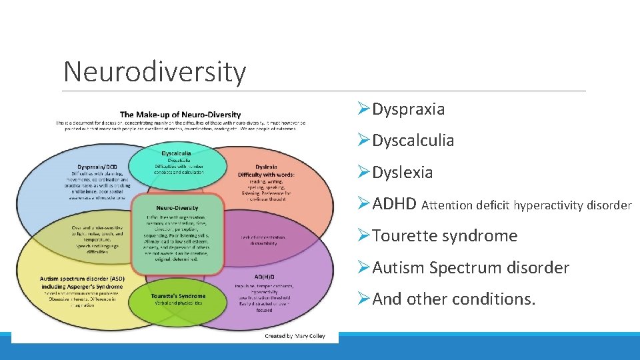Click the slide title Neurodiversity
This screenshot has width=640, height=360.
click(154, 71)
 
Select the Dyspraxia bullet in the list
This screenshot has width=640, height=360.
click(408, 109)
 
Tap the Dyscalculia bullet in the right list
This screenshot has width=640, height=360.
click(413, 141)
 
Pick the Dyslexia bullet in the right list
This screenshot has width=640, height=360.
click(402, 173)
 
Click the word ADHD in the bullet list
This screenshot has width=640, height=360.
click(395, 204)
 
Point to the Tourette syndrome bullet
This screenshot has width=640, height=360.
click(445, 236)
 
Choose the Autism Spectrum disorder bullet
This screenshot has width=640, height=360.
click(471, 268)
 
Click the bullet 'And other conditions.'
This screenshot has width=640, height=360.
click(454, 299)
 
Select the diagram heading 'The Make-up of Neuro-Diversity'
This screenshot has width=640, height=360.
click(180, 115)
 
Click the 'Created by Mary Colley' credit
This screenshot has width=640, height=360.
click(295, 336)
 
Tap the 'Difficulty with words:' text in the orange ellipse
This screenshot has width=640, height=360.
click(266, 175)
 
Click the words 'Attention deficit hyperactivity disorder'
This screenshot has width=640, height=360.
click(527, 205)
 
